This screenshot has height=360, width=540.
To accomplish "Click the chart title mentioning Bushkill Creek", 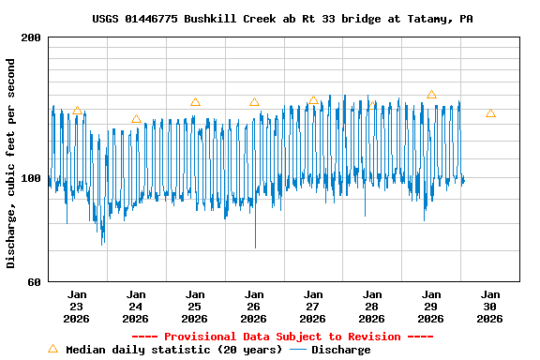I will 282,19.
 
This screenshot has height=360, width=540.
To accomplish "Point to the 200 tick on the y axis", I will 31,37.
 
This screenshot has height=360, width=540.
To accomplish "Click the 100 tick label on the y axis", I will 31,178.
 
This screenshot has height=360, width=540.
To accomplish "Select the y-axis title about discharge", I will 11,163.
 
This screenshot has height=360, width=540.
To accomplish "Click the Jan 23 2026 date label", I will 76,306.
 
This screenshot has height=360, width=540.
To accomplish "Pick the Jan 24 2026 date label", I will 135,306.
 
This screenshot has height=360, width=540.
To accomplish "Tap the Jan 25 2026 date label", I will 194,306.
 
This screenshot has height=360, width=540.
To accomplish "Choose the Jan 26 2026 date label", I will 253,306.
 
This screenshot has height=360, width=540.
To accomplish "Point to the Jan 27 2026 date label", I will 312,306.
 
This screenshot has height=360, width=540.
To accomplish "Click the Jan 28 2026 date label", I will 371,306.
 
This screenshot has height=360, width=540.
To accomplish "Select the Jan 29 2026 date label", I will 430,306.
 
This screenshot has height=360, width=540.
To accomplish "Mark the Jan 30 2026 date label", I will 489,306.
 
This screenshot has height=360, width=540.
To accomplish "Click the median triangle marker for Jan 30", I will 490,113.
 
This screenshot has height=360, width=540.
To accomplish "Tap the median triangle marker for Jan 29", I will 431,95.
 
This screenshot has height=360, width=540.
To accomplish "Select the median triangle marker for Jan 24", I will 136,119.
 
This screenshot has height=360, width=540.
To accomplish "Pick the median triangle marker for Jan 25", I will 195,102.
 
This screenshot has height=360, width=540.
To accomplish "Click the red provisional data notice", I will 282,337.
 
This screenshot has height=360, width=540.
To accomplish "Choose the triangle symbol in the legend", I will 52,349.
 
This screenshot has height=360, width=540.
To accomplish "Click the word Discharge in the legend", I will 340,350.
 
